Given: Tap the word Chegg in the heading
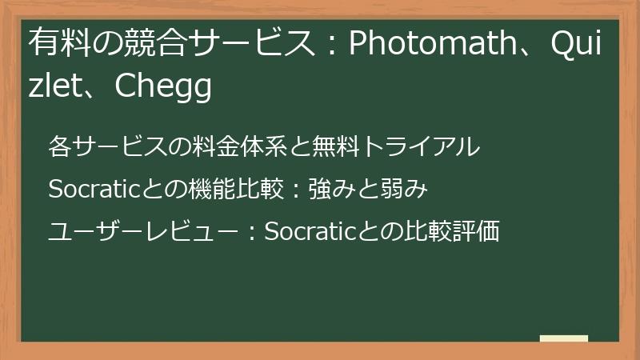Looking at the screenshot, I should (163, 87).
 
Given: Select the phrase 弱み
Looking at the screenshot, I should (409, 190).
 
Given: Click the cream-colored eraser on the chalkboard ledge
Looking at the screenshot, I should (564, 338).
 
